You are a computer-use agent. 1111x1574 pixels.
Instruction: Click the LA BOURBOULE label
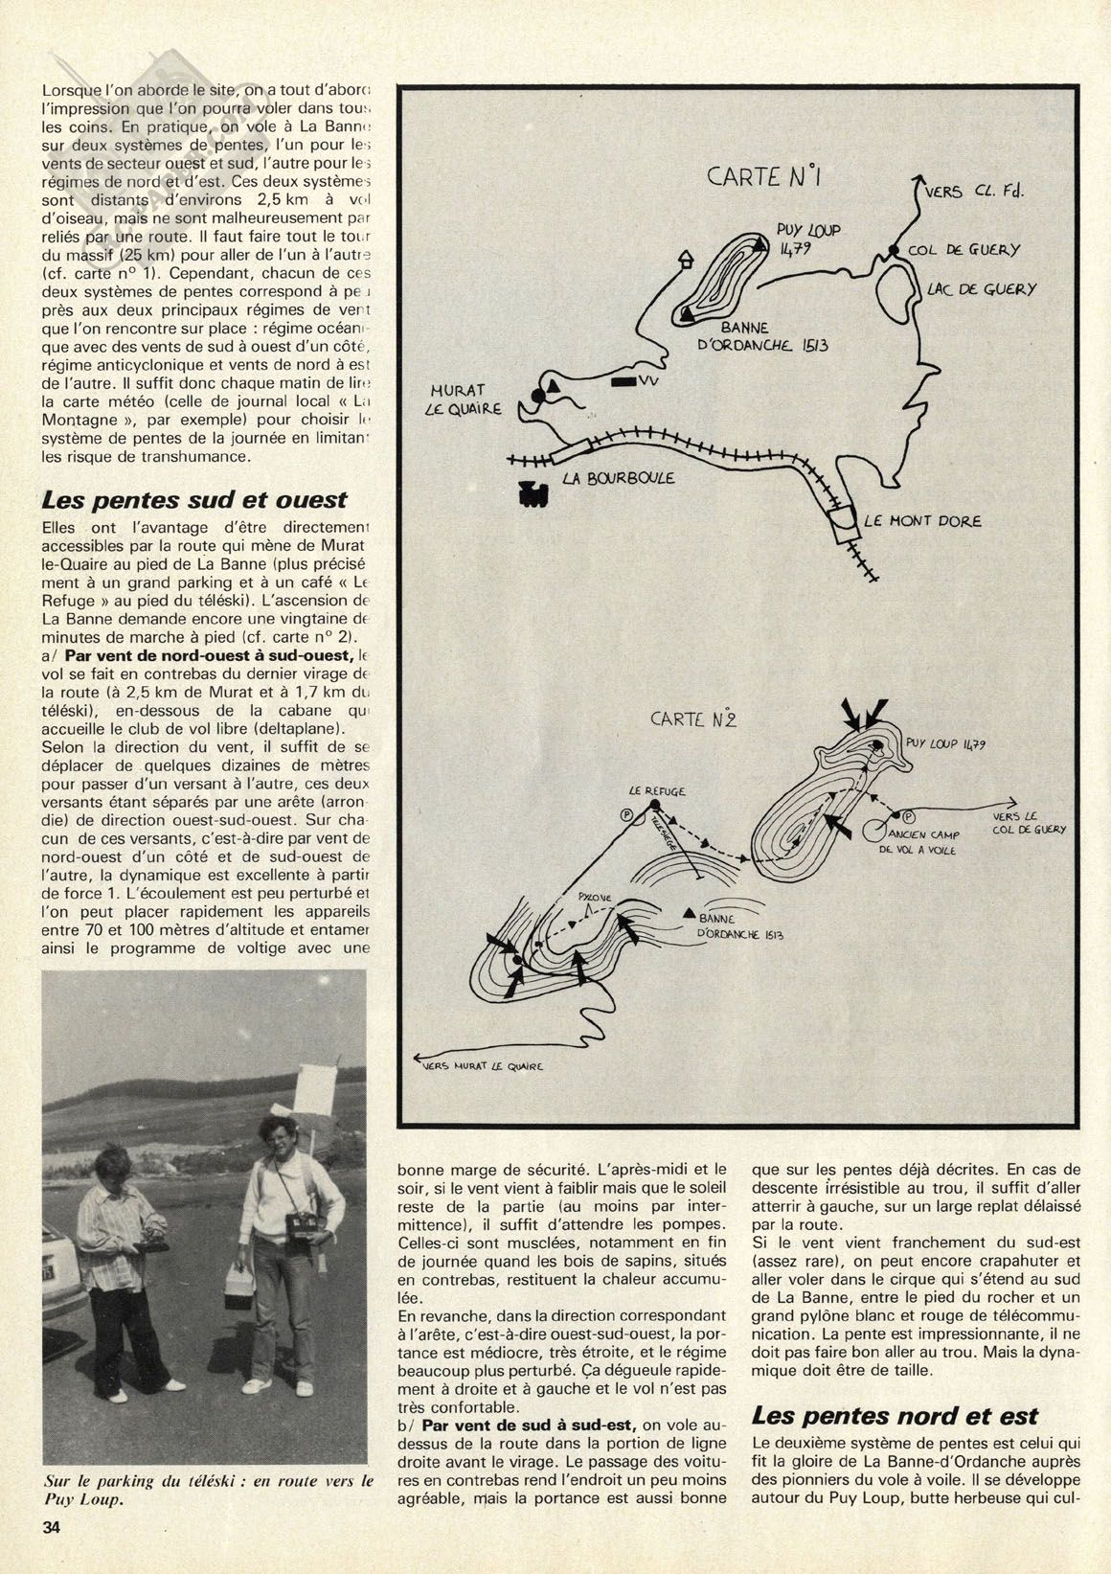(x=619, y=477)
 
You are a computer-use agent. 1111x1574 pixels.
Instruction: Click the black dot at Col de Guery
(x=892, y=251)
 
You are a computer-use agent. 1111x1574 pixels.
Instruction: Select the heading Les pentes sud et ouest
(x=194, y=500)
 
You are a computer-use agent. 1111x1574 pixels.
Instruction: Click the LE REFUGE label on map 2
(x=657, y=792)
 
